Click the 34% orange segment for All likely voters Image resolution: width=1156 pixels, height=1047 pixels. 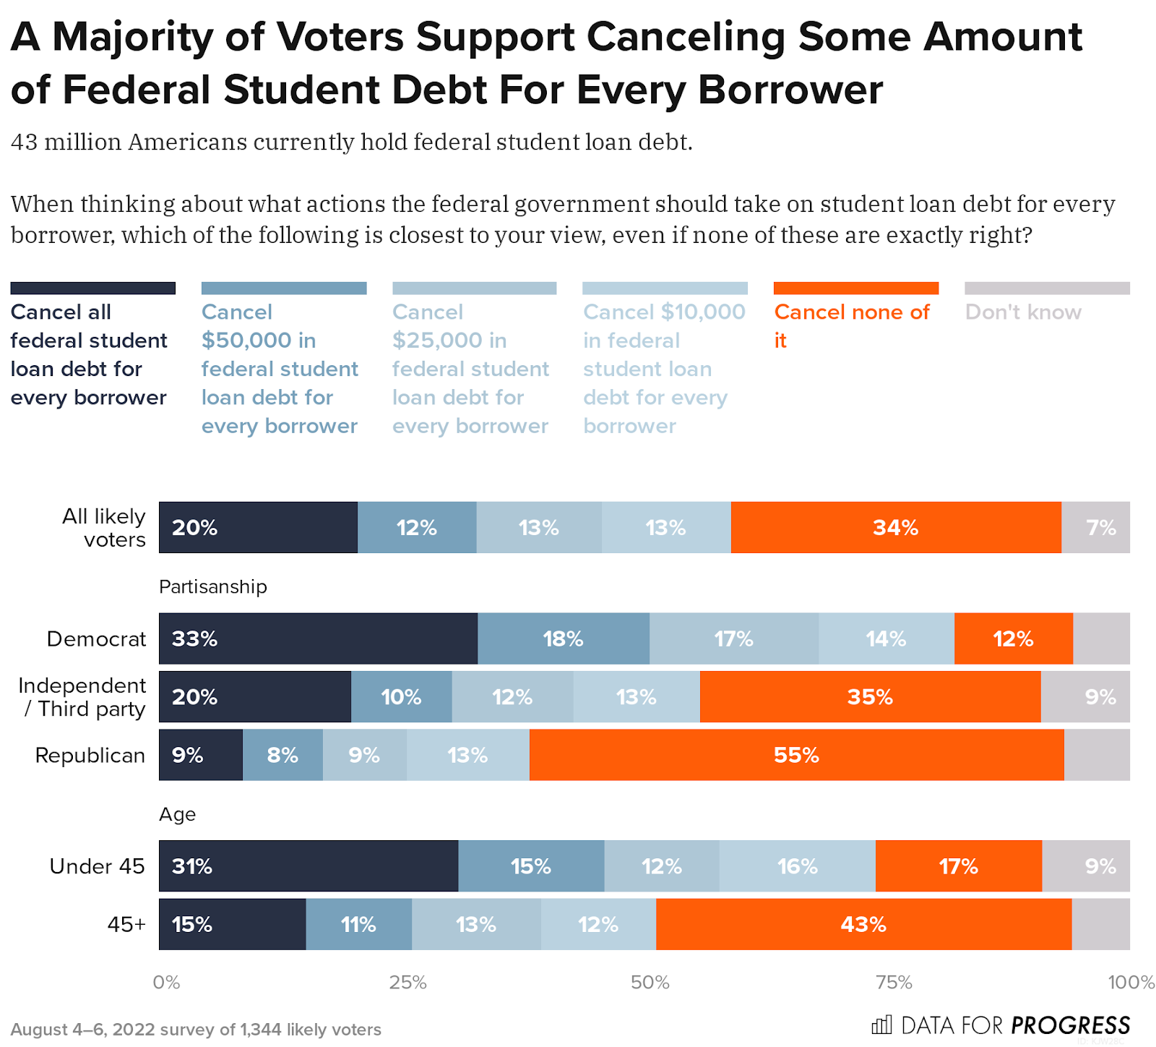click(x=895, y=527)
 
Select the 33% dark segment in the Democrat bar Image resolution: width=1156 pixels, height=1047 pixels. click(x=318, y=638)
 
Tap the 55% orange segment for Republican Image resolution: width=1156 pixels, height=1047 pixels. click(x=796, y=755)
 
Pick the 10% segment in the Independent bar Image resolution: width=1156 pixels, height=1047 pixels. click(x=401, y=697)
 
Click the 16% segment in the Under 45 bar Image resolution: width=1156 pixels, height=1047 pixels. click(x=797, y=866)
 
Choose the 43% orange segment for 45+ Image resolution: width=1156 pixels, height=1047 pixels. click(x=863, y=924)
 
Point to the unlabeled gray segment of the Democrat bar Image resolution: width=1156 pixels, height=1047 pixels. click(x=1101, y=638)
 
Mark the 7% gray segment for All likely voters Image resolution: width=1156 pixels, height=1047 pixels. click(x=1095, y=527)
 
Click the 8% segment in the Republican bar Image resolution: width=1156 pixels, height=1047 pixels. click(x=282, y=755)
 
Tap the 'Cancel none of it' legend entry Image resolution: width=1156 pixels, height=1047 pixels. click(x=852, y=325)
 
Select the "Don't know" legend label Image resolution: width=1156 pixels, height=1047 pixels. click(x=1023, y=312)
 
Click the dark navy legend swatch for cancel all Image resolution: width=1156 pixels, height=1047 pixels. click(x=93, y=289)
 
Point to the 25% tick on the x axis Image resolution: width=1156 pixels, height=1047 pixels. click(x=407, y=982)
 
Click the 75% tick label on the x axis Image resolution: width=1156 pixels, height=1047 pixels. click(x=894, y=982)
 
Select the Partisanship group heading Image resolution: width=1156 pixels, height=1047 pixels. click(x=213, y=586)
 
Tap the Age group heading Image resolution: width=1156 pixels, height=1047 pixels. click(x=178, y=814)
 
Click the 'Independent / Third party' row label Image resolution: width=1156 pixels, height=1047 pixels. click(x=82, y=697)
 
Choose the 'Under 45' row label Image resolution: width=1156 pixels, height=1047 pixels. click(x=97, y=866)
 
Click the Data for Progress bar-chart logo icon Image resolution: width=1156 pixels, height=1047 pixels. click(x=881, y=1025)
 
